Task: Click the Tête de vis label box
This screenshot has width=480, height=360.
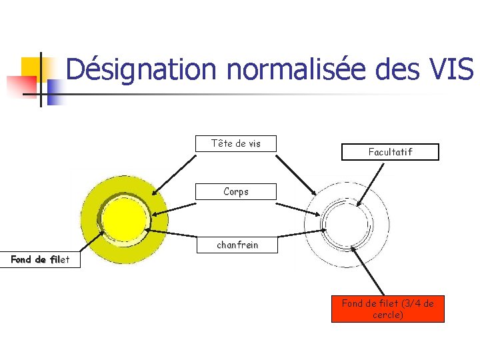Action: coord(235,143)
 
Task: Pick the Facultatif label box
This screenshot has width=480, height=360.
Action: coord(390,152)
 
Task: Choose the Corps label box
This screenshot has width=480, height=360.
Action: coord(235,191)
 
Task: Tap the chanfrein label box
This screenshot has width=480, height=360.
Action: coord(237,245)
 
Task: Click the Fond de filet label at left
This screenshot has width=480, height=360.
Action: coord(39,259)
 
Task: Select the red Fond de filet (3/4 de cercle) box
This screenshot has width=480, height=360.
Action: coord(387,309)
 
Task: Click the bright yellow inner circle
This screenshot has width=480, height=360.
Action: coord(124,219)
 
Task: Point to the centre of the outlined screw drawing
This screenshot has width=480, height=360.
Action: coord(347,219)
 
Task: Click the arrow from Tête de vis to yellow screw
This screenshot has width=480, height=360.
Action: coord(175,174)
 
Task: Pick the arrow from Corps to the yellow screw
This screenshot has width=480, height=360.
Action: coord(175,207)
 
